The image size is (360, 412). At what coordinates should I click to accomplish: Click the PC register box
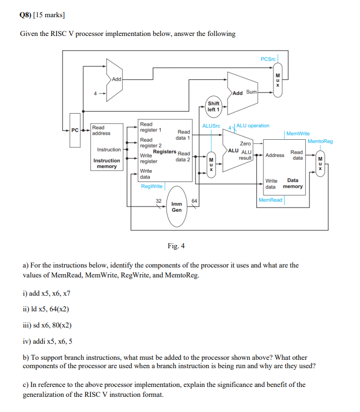click(75, 129)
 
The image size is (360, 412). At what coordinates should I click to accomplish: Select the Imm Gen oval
click(177, 207)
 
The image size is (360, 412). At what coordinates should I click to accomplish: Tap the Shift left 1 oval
click(213, 106)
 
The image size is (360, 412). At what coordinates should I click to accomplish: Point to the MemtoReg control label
click(320, 141)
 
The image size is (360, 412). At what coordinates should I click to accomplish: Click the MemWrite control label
click(298, 134)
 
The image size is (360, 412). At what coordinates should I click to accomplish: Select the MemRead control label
click(270, 200)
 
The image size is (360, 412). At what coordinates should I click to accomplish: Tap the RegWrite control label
click(151, 186)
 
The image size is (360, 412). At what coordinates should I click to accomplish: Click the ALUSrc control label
click(211, 126)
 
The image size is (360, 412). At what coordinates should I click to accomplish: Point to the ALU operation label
click(253, 126)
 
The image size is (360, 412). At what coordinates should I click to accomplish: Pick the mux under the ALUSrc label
click(211, 164)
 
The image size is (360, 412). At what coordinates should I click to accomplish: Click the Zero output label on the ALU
click(245, 143)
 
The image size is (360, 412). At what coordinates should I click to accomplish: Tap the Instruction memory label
click(106, 163)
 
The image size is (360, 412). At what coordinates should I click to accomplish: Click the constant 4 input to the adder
click(95, 93)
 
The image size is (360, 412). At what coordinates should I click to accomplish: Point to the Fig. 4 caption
click(176, 246)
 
